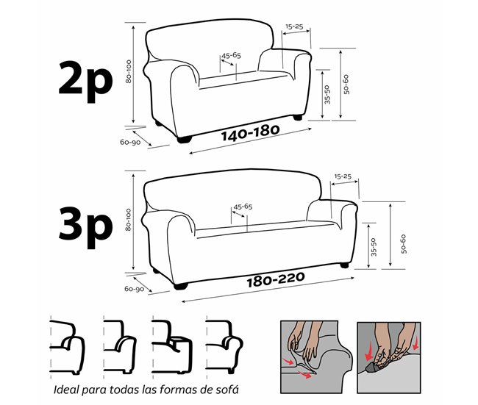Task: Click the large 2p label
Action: [x=85, y=82]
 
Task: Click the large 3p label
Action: [x=85, y=227]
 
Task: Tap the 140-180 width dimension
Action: [x=250, y=133]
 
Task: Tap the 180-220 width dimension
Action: [x=276, y=279]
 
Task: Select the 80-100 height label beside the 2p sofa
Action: [x=129, y=71]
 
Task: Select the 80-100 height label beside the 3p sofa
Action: [x=129, y=220]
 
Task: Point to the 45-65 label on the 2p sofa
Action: [x=232, y=55]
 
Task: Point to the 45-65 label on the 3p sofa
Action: [x=243, y=207]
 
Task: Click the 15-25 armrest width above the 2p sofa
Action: [x=294, y=26]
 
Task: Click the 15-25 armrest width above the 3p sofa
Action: [x=343, y=176]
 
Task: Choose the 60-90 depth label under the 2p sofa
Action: [x=130, y=142]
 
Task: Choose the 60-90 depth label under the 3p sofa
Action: [x=134, y=289]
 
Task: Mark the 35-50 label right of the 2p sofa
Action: [x=327, y=95]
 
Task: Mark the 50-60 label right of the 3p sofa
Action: [x=403, y=244]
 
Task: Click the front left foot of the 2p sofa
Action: [x=185, y=140]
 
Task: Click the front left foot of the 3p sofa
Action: [x=181, y=286]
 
